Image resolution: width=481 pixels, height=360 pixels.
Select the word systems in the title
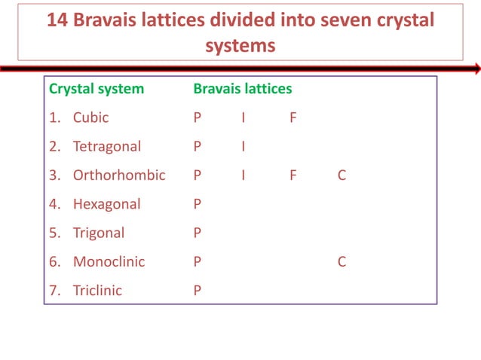(240, 45)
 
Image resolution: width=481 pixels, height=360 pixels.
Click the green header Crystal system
(97, 89)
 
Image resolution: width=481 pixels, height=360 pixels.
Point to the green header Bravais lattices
(243, 89)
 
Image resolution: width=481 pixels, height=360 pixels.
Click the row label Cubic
(90, 117)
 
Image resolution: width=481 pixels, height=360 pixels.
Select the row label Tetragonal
(106, 146)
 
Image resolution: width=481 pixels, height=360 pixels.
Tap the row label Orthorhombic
(118, 175)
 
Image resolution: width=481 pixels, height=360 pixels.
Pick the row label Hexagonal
(106, 204)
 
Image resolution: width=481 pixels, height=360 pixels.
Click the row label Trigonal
(98, 233)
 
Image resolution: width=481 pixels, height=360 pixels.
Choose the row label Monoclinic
(109, 262)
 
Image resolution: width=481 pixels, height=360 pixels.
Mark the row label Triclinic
(97, 291)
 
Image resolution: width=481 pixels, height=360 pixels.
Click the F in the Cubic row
(293, 117)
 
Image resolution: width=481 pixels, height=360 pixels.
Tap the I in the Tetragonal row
(243, 146)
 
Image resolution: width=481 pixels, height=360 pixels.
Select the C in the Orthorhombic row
(342, 175)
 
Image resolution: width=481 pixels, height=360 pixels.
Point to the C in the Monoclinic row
(342, 262)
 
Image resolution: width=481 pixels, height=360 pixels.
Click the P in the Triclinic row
(198, 291)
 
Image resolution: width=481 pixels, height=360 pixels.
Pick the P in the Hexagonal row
(198, 204)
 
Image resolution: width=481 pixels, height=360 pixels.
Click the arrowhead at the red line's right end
(476, 69)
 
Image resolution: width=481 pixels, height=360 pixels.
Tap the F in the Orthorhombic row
(293, 175)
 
